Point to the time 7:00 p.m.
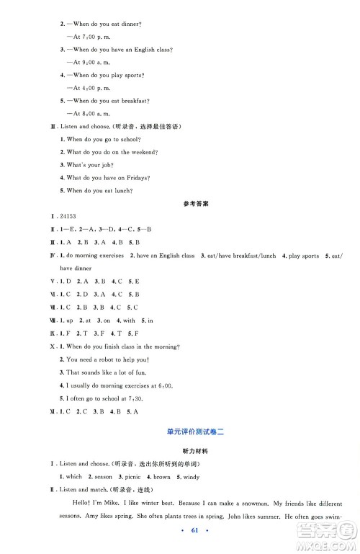[93, 36]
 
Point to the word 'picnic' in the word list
[138, 477]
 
